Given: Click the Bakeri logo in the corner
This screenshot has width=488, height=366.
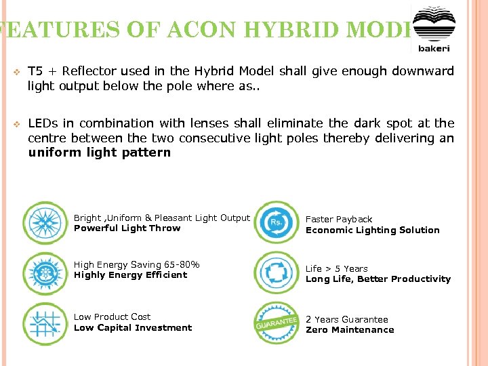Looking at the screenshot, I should point(433,29).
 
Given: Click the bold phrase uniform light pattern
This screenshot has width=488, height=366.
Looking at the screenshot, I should point(99,152).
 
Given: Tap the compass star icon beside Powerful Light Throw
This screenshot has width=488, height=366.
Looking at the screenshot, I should point(45,223).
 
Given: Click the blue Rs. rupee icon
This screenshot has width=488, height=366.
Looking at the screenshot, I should point(276,222).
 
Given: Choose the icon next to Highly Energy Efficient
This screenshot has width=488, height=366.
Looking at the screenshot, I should point(45,273).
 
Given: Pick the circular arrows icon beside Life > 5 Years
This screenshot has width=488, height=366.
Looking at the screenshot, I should point(276,273).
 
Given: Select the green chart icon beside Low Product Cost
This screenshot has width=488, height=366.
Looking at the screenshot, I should point(45,323).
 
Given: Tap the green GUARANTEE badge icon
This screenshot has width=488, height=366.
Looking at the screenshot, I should point(276,323).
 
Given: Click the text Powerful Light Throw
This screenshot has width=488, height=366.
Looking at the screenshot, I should point(127,228).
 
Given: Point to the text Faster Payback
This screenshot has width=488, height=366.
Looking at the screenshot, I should point(339,220).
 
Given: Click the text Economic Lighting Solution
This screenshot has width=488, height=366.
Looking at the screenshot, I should point(372,230).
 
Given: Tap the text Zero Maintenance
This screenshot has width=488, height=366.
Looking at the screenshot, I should point(349,330).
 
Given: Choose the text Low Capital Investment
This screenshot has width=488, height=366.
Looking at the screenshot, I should point(132,328).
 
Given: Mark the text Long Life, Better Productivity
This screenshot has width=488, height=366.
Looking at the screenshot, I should point(378,279).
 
